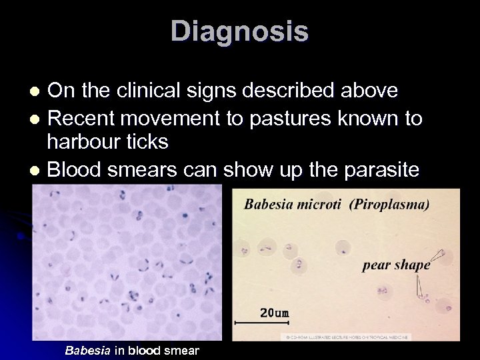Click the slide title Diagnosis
239,31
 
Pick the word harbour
79,142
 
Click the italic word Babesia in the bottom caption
88,350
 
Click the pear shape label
396,265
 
